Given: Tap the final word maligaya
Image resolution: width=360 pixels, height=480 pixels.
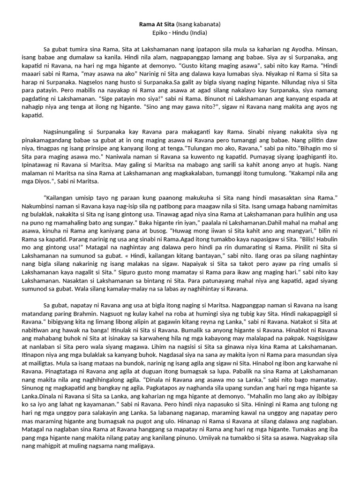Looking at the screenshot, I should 141,446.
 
